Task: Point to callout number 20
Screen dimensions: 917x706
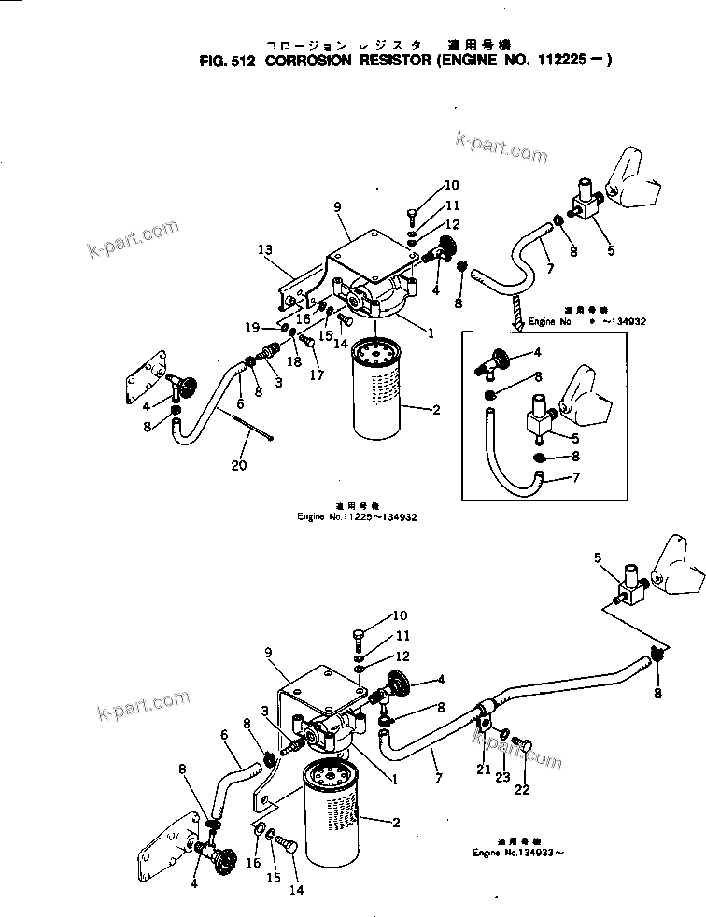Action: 239,465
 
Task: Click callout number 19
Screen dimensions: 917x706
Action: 252,327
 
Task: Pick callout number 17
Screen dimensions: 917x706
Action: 318,376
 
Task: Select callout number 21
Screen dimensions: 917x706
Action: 482,769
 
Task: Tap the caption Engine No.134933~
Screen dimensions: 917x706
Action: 518,853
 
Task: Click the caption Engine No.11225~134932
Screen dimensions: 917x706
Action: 345,515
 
